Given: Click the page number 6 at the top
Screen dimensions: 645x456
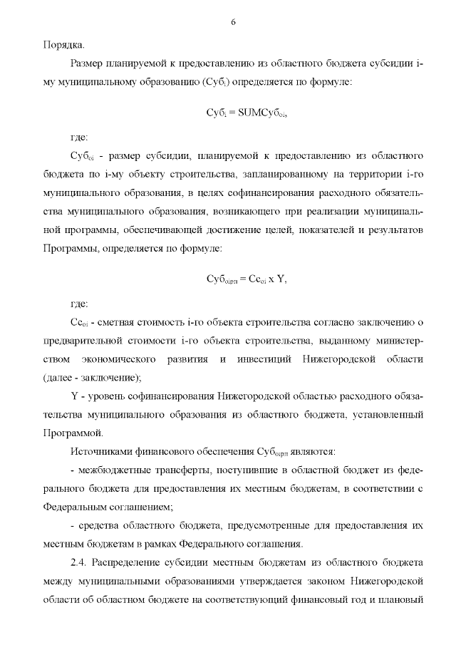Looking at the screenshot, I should (x=233, y=22).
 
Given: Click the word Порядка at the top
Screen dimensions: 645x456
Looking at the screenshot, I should (x=62, y=43).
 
